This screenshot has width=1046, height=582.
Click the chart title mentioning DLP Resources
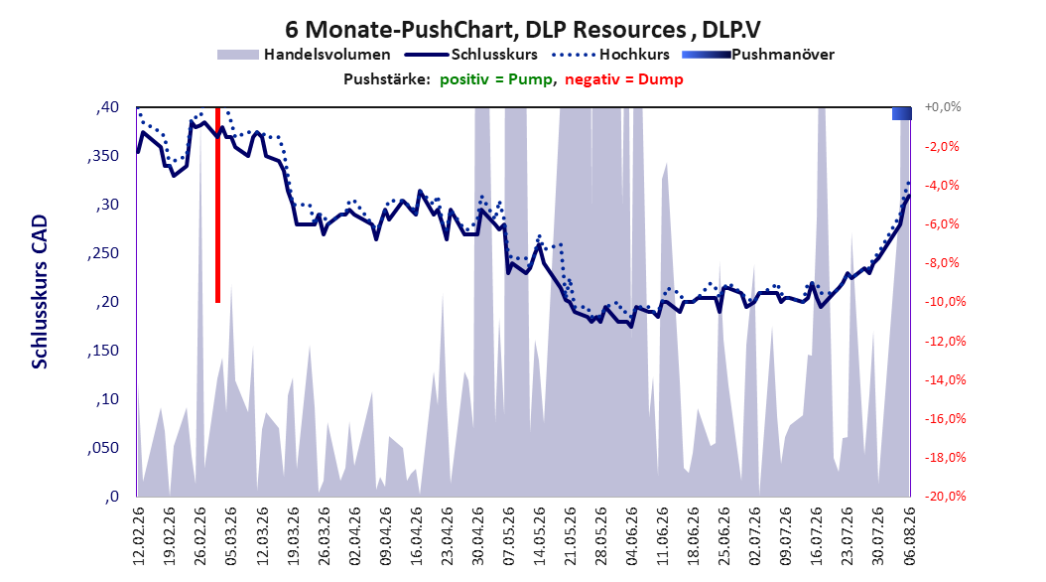pos(522,30)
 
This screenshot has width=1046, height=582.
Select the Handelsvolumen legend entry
pos(304,55)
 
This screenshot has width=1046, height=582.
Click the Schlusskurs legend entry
pos(471,55)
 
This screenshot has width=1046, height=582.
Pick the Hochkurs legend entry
pos(610,55)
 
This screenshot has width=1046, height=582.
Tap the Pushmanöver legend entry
pos(758,55)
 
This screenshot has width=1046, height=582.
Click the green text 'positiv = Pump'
pos(496,79)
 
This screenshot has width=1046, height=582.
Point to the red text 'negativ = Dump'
pos(624,79)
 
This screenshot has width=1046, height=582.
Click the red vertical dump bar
pos(217,205)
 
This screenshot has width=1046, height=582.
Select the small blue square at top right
pos(902,113)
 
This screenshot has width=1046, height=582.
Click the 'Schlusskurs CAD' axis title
pos(40,292)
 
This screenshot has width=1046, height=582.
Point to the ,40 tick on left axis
pos(107,107)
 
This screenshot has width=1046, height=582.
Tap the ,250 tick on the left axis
pos(103,253)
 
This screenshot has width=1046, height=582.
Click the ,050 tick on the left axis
pos(103,448)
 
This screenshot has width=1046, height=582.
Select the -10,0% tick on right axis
pos(945,302)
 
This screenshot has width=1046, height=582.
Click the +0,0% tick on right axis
pos(943,107)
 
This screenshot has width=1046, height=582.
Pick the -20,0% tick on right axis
pos(945,496)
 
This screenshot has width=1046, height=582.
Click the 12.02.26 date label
pos(139,536)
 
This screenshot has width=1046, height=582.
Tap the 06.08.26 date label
pos(909,536)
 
